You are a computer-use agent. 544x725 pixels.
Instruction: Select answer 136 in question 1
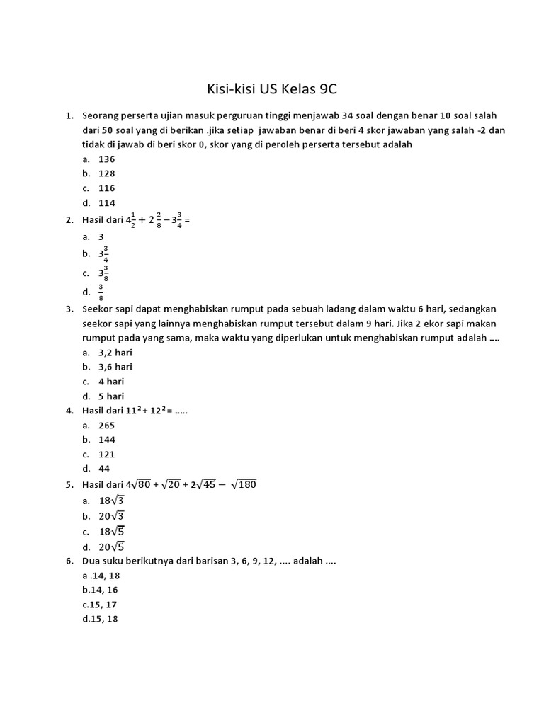click(x=106, y=159)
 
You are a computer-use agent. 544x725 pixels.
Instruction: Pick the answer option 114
click(x=106, y=203)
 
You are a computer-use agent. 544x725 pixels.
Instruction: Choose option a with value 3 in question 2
click(x=101, y=236)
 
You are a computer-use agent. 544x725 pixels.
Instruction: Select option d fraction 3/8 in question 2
click(x=101, y=292)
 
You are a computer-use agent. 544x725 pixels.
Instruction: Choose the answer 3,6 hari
click(x=115, y=367)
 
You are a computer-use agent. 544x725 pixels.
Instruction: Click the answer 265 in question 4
click(x=106, y=426)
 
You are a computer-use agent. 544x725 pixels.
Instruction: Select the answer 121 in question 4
click(x=106, y=455)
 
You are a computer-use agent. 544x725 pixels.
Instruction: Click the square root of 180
click(x=242, y=484)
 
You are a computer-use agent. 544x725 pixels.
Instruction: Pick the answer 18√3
click(x=111, y=501)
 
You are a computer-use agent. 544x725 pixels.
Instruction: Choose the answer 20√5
click(x=111, y=546)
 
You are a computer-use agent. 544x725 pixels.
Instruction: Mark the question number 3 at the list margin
click(x=69, y=309)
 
